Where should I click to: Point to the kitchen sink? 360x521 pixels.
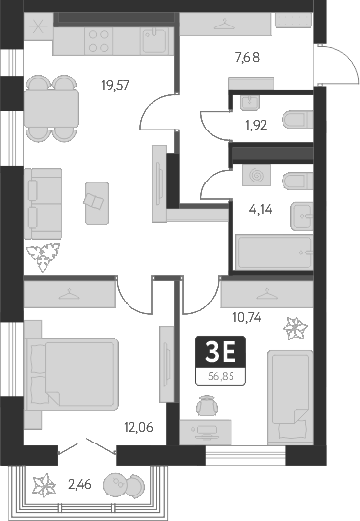pyautogui.click(x=155, y=40)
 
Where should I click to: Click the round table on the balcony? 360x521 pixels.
pyautogui.click(x=123, y=486)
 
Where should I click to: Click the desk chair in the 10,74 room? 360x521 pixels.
pyautogui.click(x=205, y=403)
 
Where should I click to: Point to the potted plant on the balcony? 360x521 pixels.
pyautogui.click(x=43, y=485)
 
